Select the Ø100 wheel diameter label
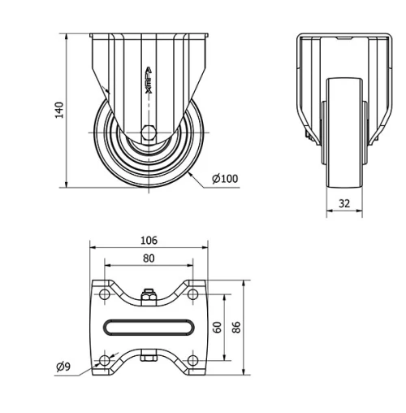[x=225, y=179]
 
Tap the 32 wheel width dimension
[x=344, y=203]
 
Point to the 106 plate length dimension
[x=149, y=240]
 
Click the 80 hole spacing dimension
[x=149, y=259]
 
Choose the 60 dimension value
[x=217, y=328]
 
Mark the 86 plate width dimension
[x=236, y=328]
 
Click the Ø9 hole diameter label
[x=63, y=367]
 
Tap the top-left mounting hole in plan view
[x=105, y=294]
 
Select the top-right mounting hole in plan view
[x=192, y=294]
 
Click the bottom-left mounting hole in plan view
[x=105, y=360]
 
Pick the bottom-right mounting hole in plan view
[x=192, y=360]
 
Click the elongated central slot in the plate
[x=149, y=327]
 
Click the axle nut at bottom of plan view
[x=149, y=357]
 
